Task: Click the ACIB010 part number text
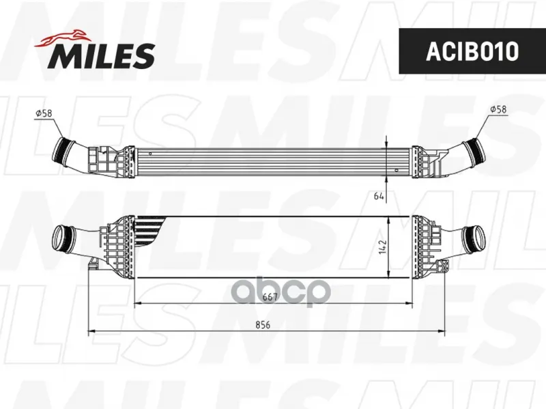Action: [x=472, y=51]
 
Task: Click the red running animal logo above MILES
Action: [x=61, y=38]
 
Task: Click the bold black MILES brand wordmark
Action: [x=101, y=56]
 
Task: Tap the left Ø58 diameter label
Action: [x=44, y=113]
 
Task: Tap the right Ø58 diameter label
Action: [x=498, y=109]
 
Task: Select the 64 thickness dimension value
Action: [x=379, y=196]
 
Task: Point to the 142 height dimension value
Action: [x=383, y=246]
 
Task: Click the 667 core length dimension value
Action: [x=270, y=297]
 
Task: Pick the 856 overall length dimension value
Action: [x=263, y=325]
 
